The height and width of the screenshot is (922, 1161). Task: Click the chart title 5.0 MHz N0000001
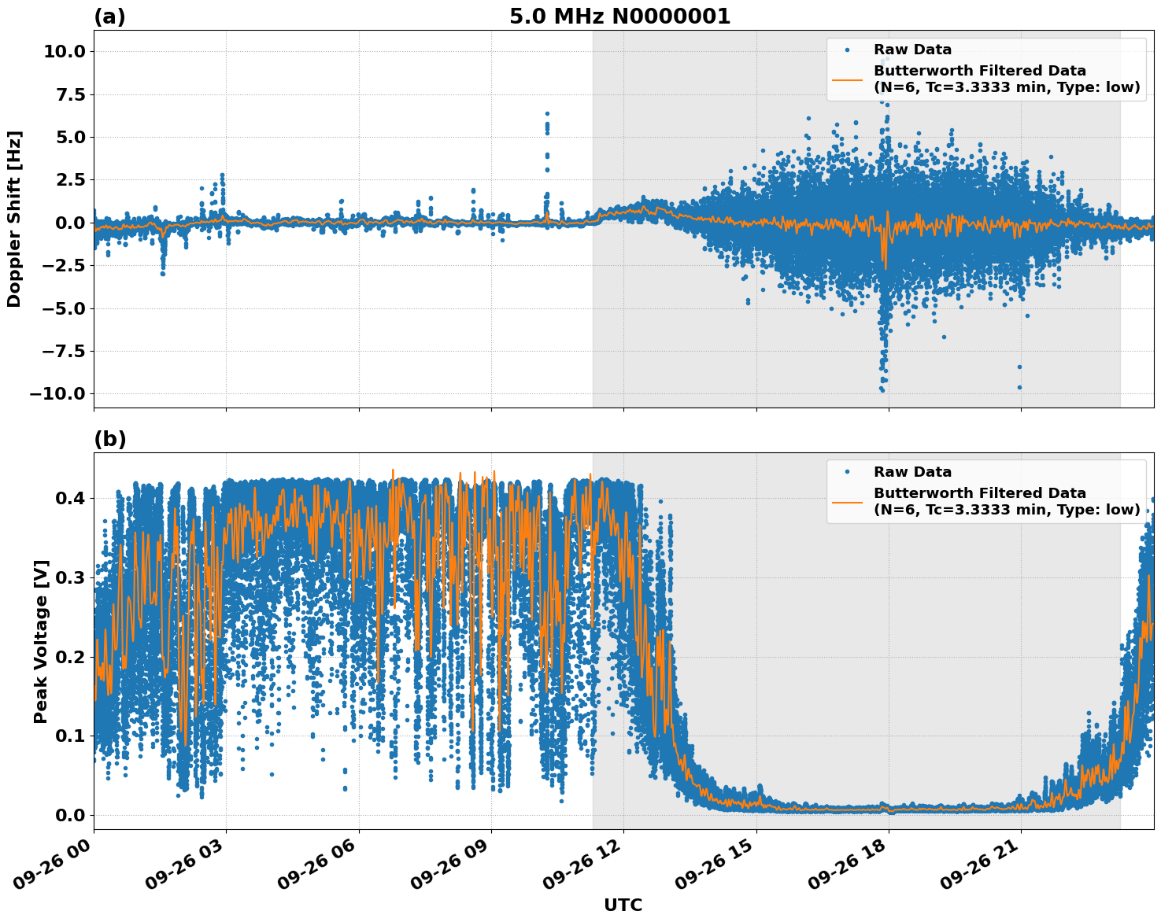coord(619,17)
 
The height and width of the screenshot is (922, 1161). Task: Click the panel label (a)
coord(109,17)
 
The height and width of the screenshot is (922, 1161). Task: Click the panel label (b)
coord(109,439)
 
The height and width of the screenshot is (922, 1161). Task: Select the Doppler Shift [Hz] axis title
coord(14,219)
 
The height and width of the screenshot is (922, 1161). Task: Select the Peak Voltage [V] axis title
coord(41,641)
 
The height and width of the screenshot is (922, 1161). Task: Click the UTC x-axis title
coord(623,905)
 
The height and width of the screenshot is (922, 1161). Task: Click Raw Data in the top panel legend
coord(912,50)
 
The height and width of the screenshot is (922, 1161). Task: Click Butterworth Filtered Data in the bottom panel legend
coord(979,493)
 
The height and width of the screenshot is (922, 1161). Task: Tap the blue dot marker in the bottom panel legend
coord(847,472)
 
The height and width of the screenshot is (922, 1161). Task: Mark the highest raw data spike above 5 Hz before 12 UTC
coord(547,114)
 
